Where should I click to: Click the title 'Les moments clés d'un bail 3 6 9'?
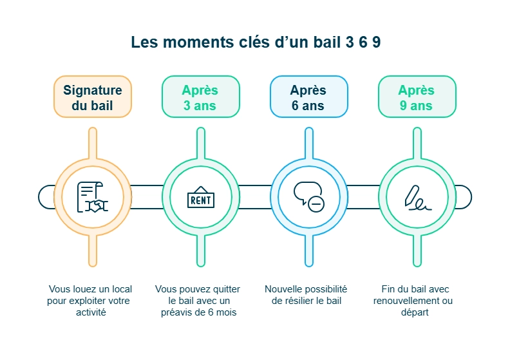pyautogui.click(x=256, y=43)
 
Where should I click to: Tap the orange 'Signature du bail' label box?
pyautogui.click(x=92, y=97)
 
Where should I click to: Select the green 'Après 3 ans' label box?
pyautogui.click(x=200, y=97)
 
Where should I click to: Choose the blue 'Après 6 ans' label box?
pyautogui.click(x=308, y=97)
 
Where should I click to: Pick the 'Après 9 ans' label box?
pyautogui.click(x=417, y=97)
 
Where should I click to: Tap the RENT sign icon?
pyautogui.click(x=200, y=198)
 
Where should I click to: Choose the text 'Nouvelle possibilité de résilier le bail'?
pyautogui.click(x=306, y=295)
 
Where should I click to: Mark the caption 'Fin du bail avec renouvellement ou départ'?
pyautogui.click(x=413, y=301)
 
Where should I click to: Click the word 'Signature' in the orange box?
pyautogui.click(x=92, y=90)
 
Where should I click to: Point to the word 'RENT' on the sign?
pyautogui.click(x=200, y=200)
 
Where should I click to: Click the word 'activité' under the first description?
pyautogui.click(x=91, y=312)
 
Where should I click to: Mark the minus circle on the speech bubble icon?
pyautogui.click(x=316, y=204)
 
